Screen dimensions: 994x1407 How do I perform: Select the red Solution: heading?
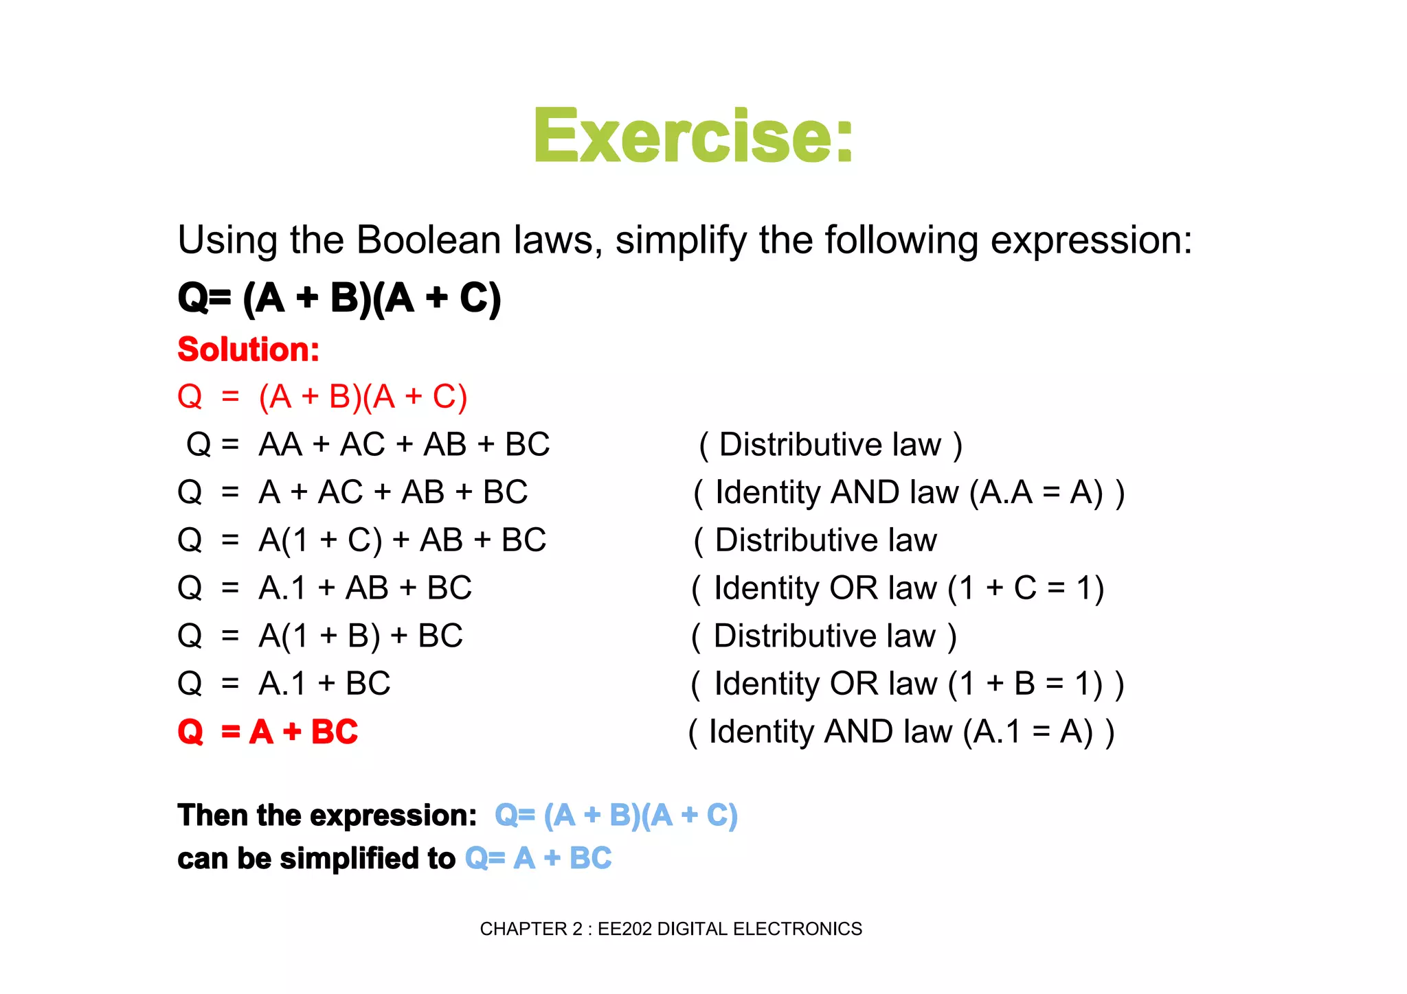pos(248,349)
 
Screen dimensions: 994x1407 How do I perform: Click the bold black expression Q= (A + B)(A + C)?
pos(339,298)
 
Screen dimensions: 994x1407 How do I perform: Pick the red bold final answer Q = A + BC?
pos(268,732)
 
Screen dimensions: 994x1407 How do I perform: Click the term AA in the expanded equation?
pos(280,445)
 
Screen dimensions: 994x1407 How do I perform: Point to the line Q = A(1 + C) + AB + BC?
pos(361,540)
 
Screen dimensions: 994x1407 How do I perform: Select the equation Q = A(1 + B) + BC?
pos(320,636)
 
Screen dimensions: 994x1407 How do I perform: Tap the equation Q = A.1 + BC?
pos(284,684)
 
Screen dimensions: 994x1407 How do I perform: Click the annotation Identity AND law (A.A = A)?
pos(909,493)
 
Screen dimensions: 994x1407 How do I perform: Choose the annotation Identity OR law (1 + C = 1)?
pos(898,588)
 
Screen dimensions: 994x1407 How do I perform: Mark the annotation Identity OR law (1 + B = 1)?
pos(907,684)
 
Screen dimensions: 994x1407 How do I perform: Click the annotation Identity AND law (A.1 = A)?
pos(901,732)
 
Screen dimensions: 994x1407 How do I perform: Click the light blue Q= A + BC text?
pos(538,858)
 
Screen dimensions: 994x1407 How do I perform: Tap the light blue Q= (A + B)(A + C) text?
pos(616,816)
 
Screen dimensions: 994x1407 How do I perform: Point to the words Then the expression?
pos(327,816)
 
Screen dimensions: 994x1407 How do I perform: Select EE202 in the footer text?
pos(625,929)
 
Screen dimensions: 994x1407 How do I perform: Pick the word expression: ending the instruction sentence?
pos(1090,240)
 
